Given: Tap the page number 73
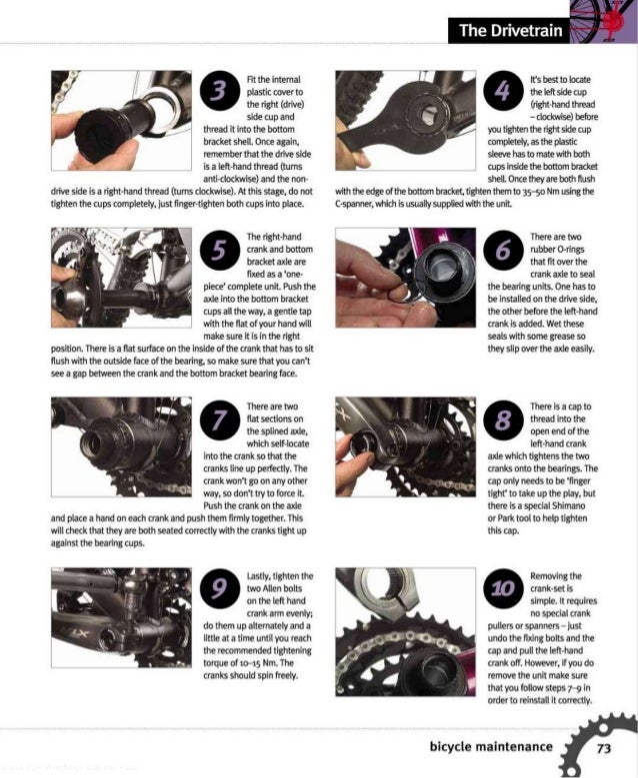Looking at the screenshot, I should [604, 747].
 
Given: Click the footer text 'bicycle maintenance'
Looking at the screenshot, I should [490, 747].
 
